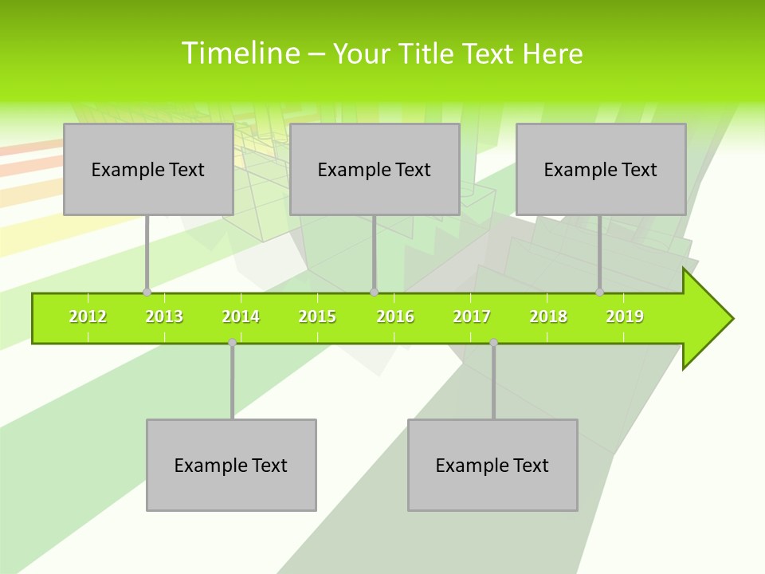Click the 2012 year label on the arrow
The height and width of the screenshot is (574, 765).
88,317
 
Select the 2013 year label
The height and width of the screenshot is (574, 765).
164,317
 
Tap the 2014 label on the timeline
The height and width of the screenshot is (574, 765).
241,317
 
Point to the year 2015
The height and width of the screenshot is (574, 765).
317,317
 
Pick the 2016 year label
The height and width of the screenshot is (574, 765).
395,317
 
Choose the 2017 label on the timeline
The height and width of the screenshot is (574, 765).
472,317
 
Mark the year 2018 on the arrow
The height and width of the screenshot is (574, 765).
548,317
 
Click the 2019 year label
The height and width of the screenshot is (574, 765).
625,317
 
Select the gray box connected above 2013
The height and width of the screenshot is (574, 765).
147,169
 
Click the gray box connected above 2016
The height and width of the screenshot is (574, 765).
374,169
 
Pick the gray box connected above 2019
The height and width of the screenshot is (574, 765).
600,169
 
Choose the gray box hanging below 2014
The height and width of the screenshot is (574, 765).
231,465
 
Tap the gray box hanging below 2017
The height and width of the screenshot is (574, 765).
492,465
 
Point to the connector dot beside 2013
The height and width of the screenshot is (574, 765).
147,293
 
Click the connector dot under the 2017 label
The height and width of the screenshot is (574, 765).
493,343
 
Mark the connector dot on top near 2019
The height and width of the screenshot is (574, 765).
600,293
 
